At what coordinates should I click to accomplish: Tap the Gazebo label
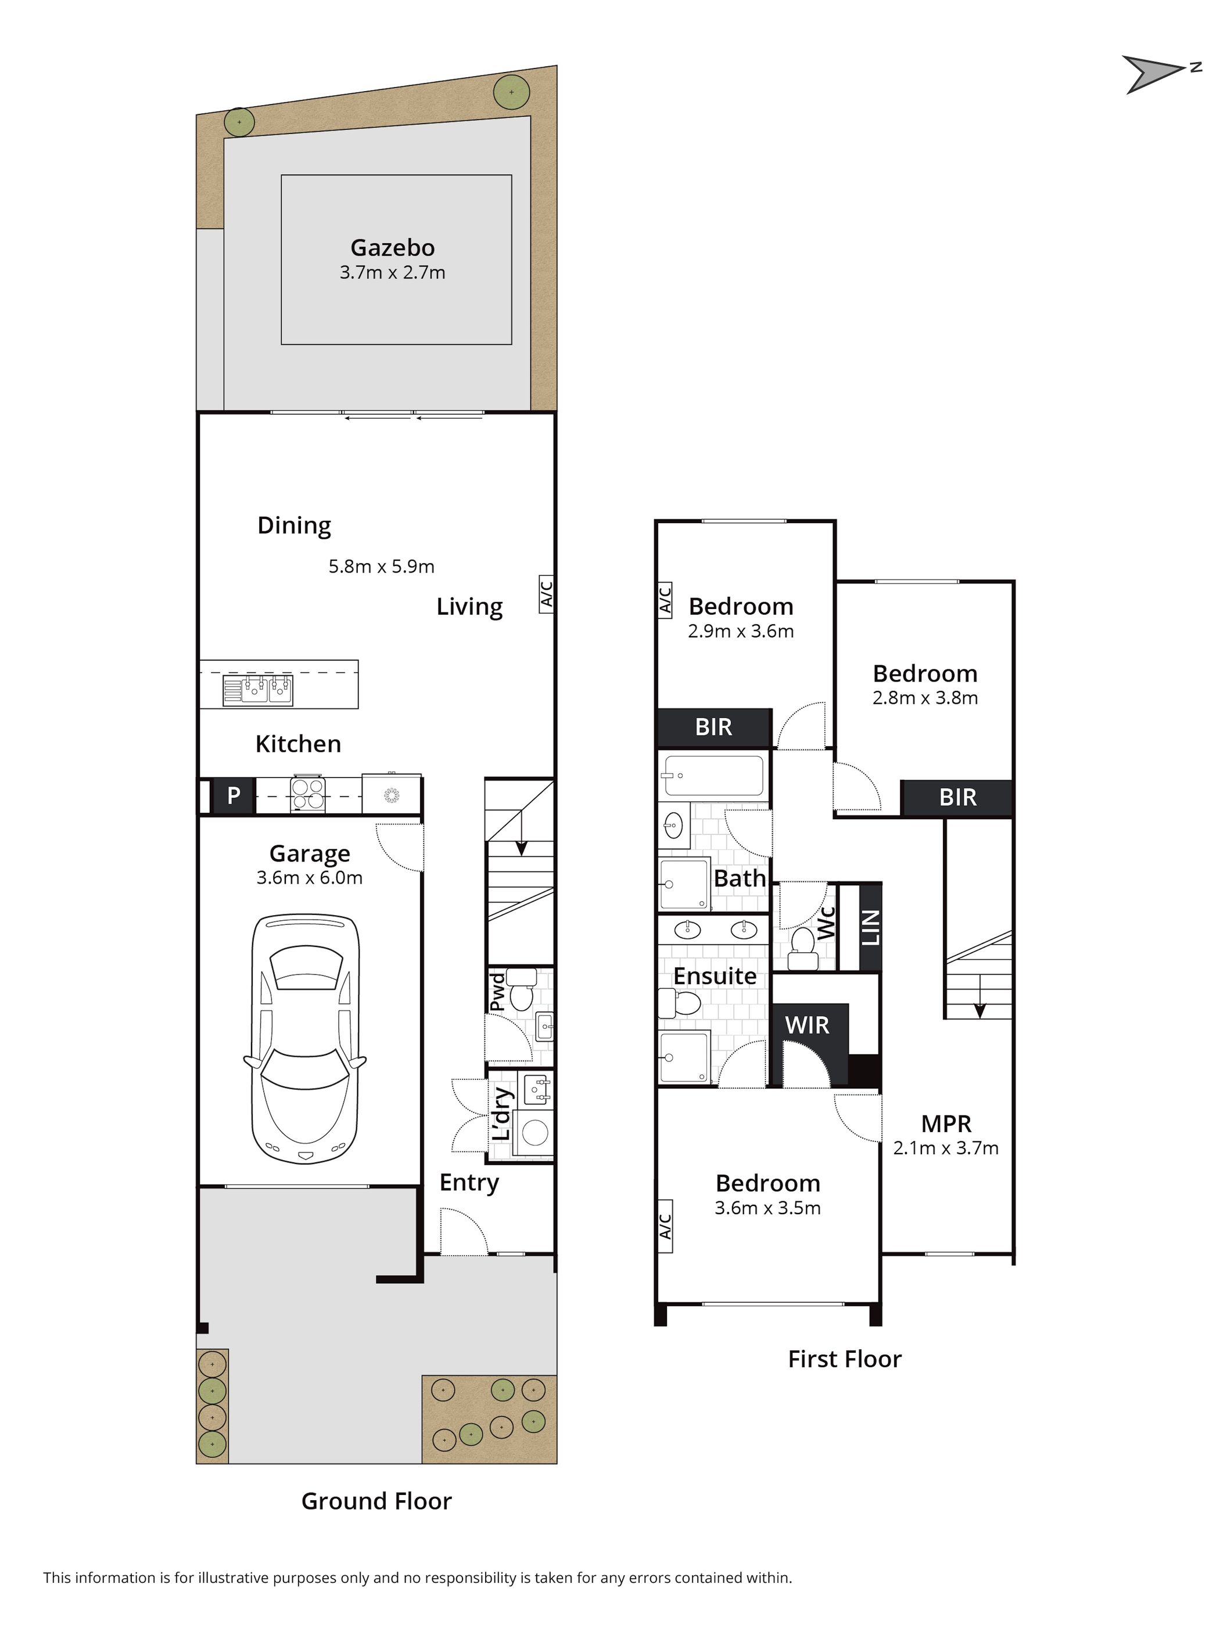pyautogui.click(x=392, y=247)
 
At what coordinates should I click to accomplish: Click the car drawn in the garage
pyautogui.click(x=305, y=1039)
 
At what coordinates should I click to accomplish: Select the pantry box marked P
pyautogui.click(x=234, y=795)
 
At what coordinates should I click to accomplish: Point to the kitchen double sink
pyautogui.click(x=258, y=690)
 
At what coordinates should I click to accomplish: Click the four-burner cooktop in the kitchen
pyautogui.click(x=308, y=794)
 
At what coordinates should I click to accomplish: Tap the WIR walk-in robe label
pyautogui.click(x=807, y=1025)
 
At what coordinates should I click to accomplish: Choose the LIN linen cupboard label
pyautogui.click(x=871, y=927)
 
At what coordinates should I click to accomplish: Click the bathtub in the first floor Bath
pyautogui.click(x=713, y=775)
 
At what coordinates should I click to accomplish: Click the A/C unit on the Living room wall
pyautogui.click(x=546, y=593)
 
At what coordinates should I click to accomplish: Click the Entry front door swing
pyautogui.click(x=464, y=1230)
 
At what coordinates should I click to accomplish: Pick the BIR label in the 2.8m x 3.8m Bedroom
pyautogui.click(x=958, y=797)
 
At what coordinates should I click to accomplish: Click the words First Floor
pyautogui.click(x=845, y=1359)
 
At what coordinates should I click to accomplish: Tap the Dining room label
pyautogui.click(x=294, y=525)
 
